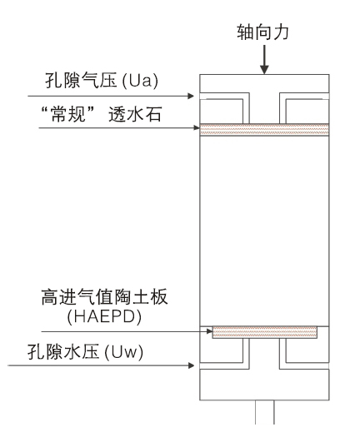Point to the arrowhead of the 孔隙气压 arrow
pos(196,97)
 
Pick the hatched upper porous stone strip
pos(264,130)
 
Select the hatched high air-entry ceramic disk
pos(265,332)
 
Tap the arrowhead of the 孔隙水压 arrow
pos(196,364)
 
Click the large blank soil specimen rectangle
pos(264,229)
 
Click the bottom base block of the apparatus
pos(264,385)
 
